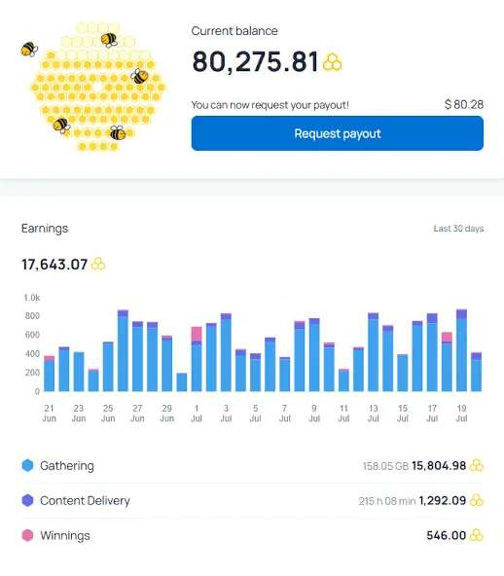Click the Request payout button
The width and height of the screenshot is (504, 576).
(x=338, y=133)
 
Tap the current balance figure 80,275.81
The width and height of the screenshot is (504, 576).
(x=255, y=61)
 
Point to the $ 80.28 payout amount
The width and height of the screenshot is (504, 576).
(x=464, y=105)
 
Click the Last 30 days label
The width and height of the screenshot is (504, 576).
(x=458, y=229)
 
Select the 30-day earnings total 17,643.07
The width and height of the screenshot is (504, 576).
(x=54, y=265)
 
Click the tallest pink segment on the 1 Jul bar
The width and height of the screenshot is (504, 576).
(x=197, y=334)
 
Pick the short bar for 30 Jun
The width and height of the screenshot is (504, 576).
(x=182, y=382)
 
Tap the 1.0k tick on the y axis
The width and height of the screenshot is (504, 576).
(x=32, y=298)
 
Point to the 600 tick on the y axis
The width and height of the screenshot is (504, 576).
(x=32, y=335)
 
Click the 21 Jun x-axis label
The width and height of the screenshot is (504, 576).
(x=50, y=414)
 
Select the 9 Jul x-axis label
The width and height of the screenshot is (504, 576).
(x=314, y=414)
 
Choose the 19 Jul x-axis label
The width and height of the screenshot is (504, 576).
(x=461, y=414)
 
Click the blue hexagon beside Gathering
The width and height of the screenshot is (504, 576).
(x=27, y=465)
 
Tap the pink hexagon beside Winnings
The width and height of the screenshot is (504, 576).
(x=27, y=535)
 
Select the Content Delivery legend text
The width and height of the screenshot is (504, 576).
(x=85, y=501)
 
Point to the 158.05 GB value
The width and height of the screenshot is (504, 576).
(x=385, y=466)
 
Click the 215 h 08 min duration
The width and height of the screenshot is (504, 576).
(x=387, y=501)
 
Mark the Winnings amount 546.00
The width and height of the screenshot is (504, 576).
(x=446, y=535)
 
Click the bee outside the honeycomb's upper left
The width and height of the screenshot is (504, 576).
(x=29, y=50)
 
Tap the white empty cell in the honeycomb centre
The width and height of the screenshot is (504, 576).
(x=97, y=88)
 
